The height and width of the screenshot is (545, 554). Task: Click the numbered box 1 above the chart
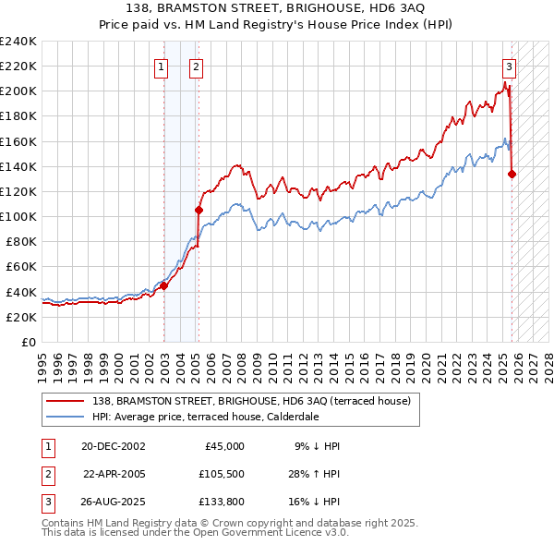161,66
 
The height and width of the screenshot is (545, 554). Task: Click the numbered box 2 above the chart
197,66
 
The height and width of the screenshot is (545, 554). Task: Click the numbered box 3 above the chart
509,66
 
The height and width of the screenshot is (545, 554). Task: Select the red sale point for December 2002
164,285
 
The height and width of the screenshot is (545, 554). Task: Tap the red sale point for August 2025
512,174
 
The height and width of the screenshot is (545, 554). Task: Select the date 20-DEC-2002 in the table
113,445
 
